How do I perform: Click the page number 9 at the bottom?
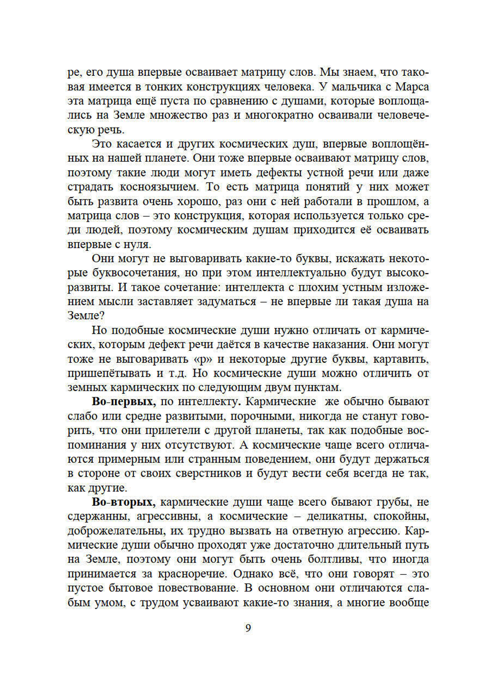pyautogui.click(x=248, y=628)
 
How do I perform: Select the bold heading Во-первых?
pyautogui.click(x=124, y=402)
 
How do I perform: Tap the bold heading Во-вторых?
pyautogui.click(x=124, y=502)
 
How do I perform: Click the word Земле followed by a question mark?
pyautogui.click(x=86, y=316)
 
